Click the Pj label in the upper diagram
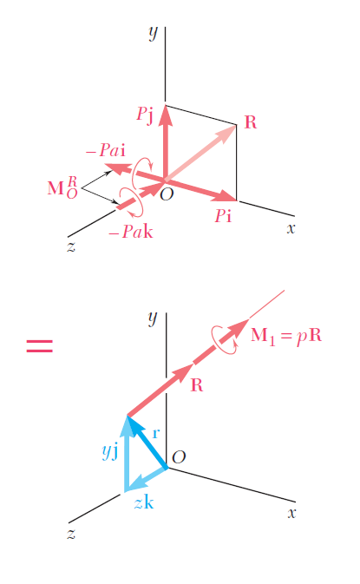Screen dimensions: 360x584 [145, 115]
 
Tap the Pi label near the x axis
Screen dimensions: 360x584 [223, 216]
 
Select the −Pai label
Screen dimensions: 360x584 [106, 150]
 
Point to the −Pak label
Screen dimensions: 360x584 [131, 232]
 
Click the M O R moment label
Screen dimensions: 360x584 [62, 187]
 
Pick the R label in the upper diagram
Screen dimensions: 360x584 [251, 122]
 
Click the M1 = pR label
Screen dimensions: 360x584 [286, 336]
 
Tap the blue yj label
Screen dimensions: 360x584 [110, 452]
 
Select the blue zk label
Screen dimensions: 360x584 [144, 502]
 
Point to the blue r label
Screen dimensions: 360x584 [156, 434]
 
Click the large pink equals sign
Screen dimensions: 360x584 [39, 345]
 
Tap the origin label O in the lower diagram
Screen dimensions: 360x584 [179, 456]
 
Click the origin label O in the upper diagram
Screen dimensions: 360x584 [167, 194]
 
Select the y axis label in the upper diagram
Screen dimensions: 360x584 [154, 32]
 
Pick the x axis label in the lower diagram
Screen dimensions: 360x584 [291, 513]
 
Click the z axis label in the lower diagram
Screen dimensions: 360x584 [71, 534]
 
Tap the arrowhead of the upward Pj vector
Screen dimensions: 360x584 [166, 115]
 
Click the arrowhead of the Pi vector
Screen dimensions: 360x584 [227, 195]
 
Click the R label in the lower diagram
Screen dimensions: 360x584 [197, 385]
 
